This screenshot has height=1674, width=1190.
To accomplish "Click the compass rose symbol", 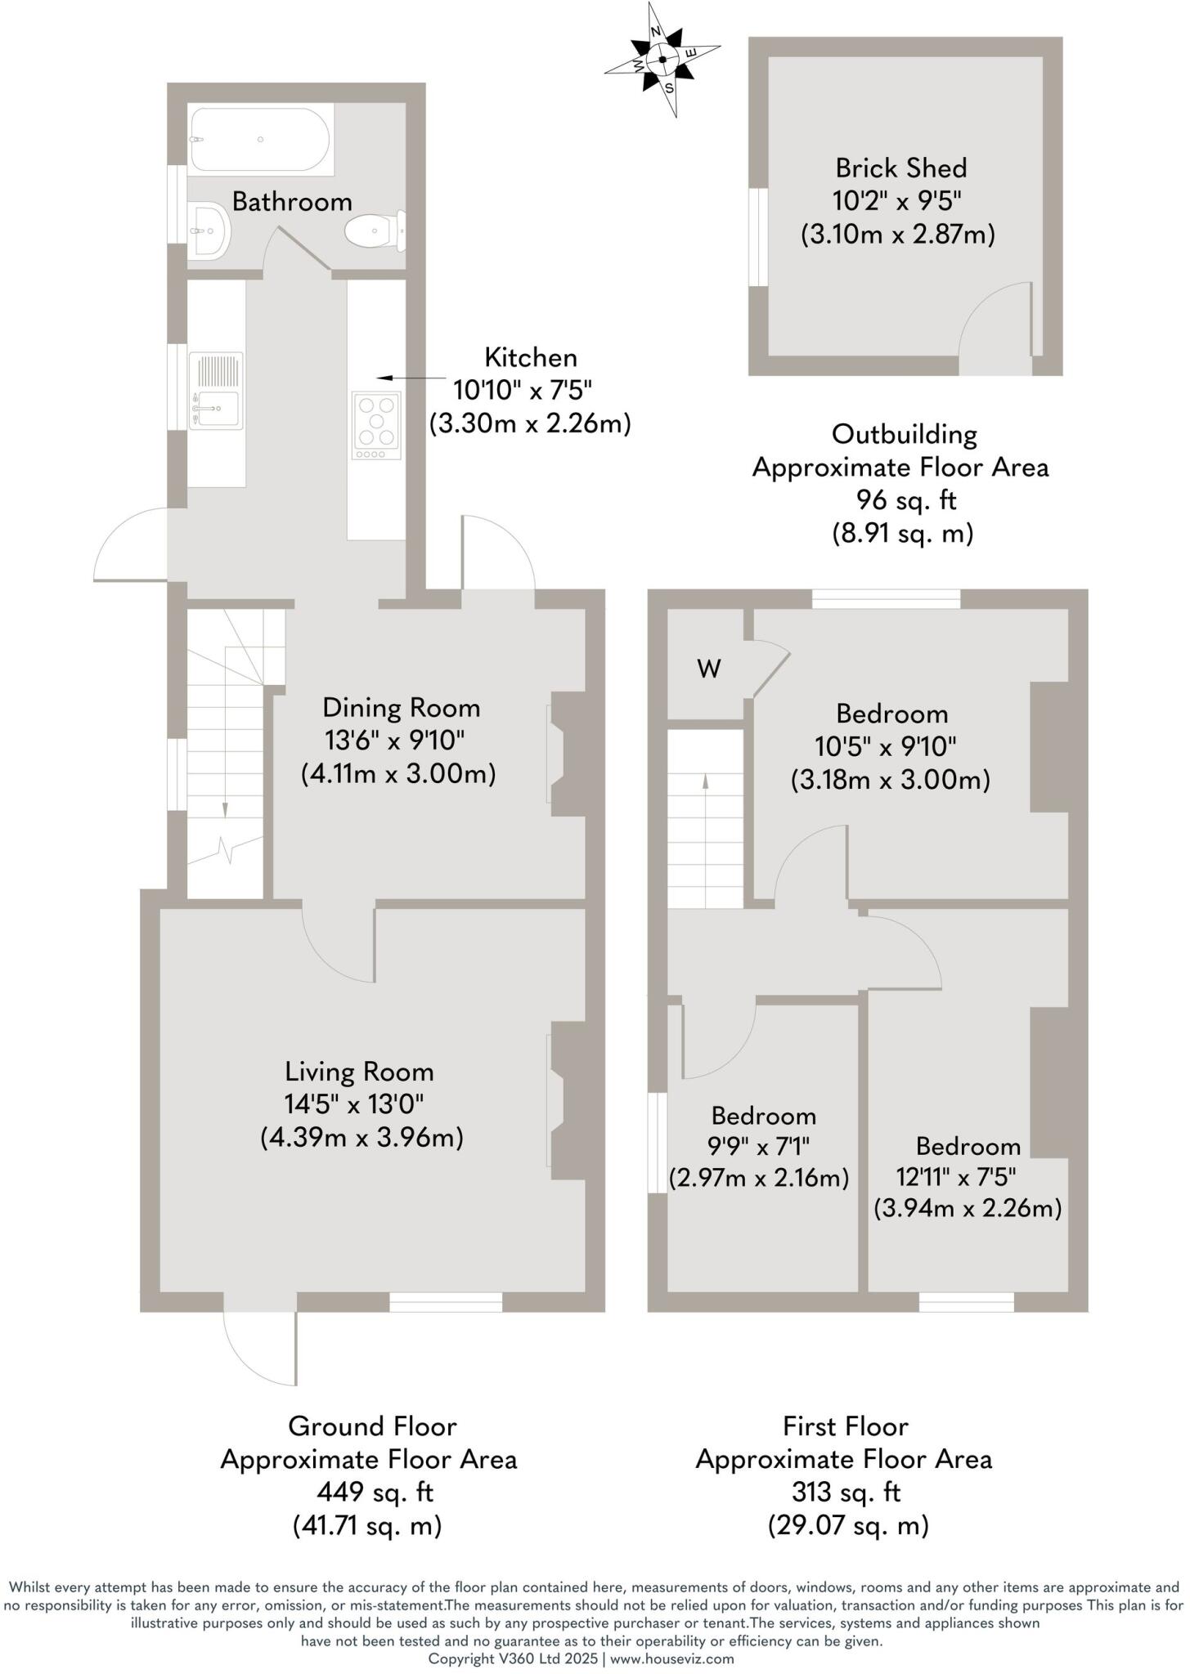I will [x=662, y=60].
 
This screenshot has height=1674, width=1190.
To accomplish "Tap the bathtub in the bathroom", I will [x=260, y=140].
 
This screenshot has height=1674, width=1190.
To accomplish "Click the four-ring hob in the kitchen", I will [x=376, y=424].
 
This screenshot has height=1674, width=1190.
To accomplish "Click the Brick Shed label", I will [x=900, y=168].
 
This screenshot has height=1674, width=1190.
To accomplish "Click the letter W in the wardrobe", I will [x=708, y=669].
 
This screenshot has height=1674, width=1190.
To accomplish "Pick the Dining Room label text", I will [x=401, y=708].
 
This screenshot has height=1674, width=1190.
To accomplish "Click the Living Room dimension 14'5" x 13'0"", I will [x=354, y=1104].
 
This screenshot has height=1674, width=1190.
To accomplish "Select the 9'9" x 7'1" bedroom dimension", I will [x=760, y=1147].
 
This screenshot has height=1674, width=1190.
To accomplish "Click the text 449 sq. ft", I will [x=375, y=1493].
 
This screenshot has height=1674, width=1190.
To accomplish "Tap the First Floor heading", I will [x=845, y=1426].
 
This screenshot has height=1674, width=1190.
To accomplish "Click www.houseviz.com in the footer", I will [x=671, y=1658].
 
